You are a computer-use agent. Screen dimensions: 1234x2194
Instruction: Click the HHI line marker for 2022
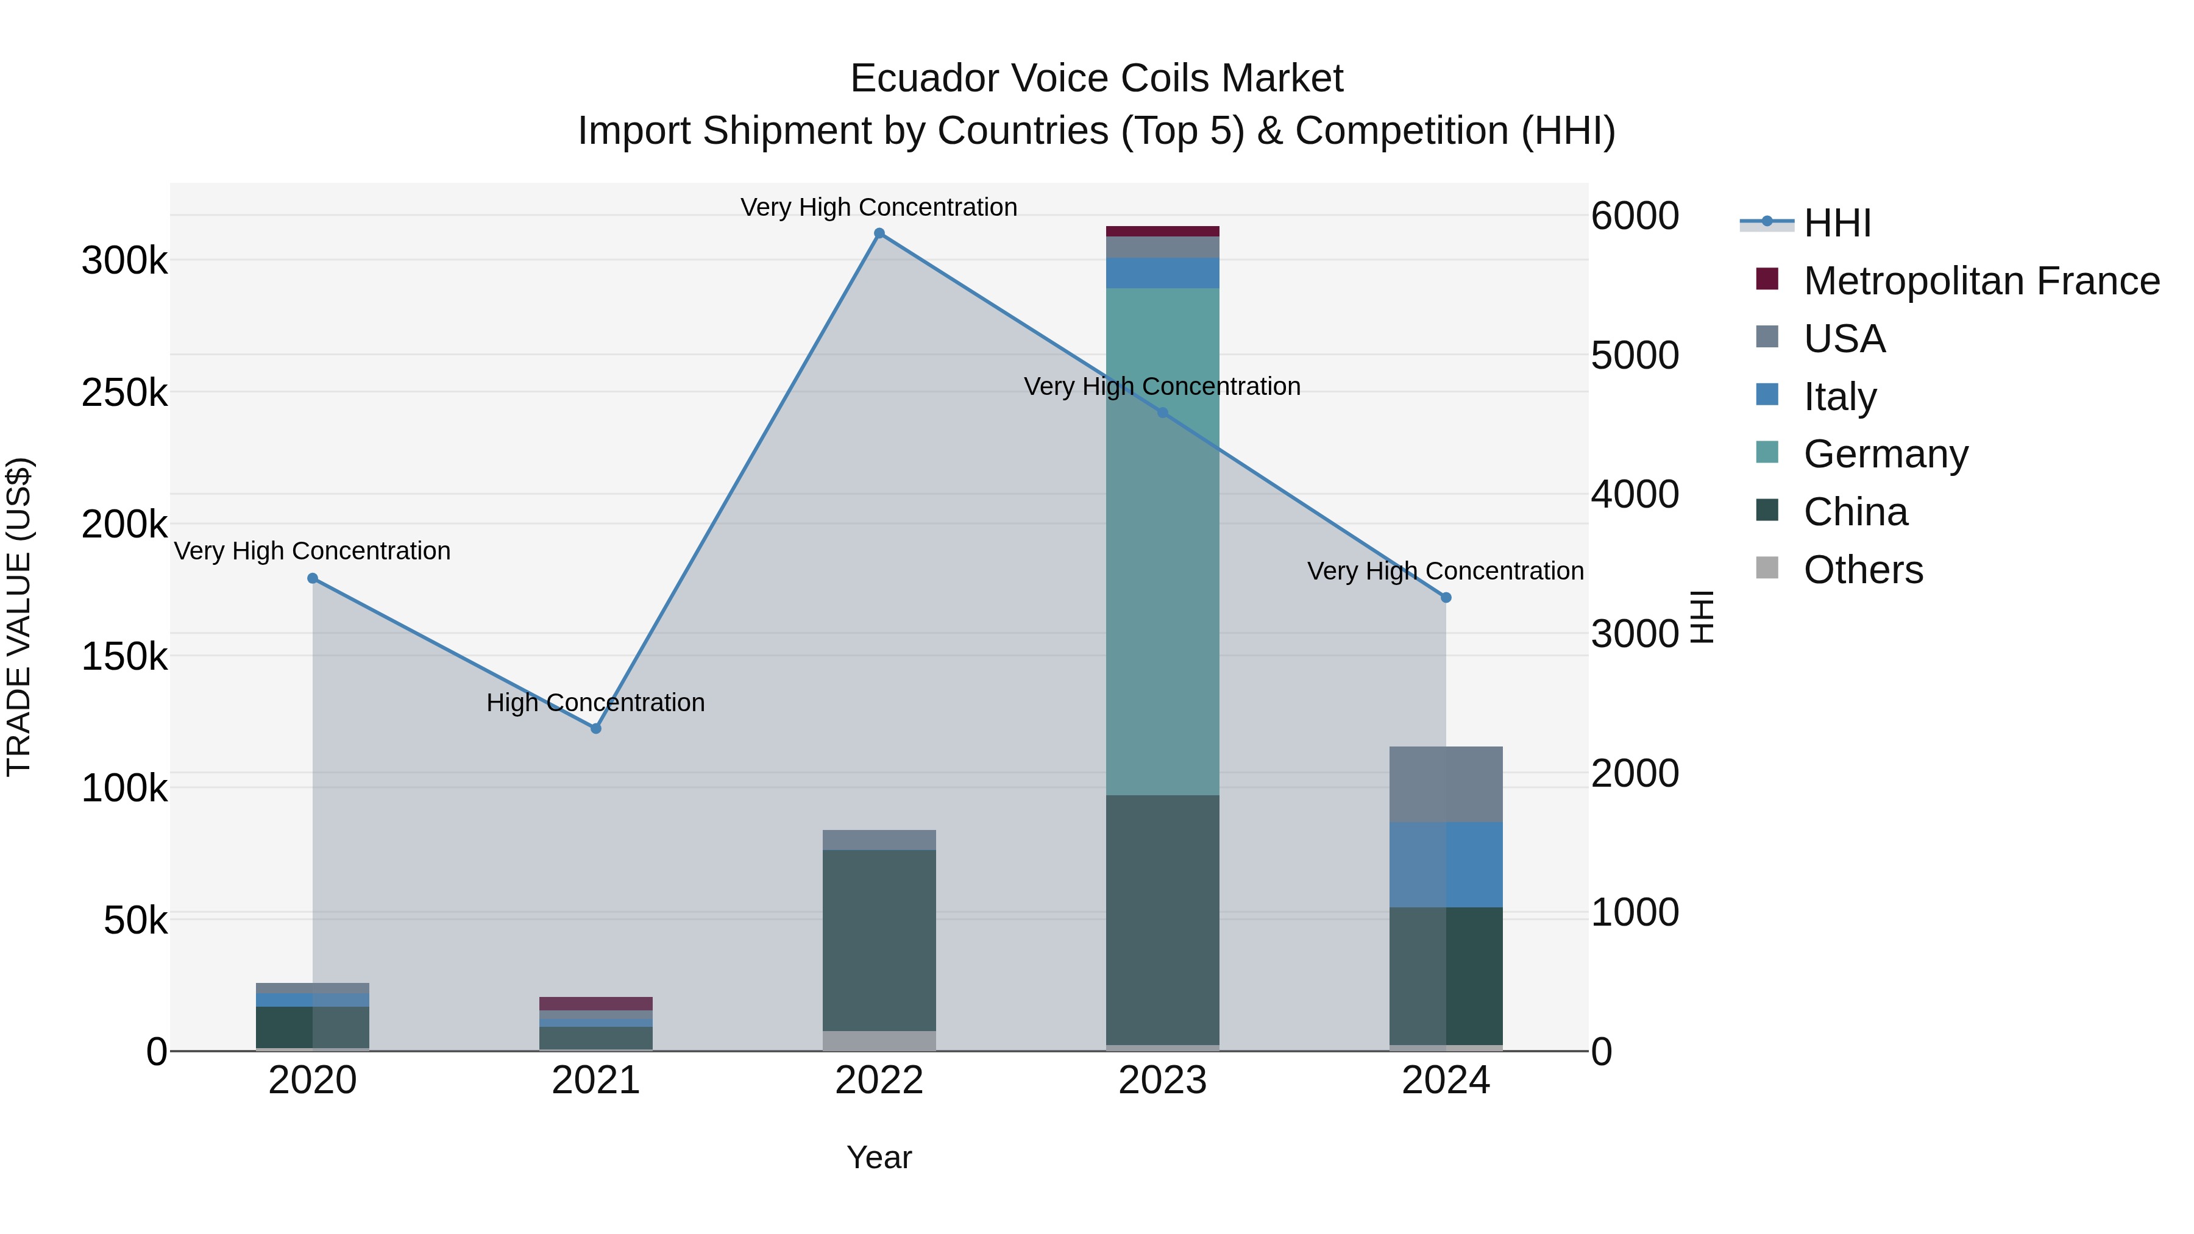tap(879, 233)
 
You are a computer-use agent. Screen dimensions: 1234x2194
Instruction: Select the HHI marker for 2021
tap(596, 728)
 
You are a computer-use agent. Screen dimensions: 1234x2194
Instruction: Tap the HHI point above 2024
tap(1446, 598)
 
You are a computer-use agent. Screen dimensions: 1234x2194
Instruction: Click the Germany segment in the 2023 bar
tap(1163, 545)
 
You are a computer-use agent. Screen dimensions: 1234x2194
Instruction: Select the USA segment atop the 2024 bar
tap(1446, 784)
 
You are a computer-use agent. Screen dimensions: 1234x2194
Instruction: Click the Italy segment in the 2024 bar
tap(1446, 864)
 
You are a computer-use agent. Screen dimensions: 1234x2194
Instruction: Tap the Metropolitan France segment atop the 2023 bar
tap(1163, 231)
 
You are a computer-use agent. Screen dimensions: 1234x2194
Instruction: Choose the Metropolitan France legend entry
tap(1981, 281)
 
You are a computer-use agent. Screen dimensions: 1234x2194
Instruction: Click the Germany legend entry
tap(1886, 454)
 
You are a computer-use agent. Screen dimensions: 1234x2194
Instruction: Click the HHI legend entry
tap(1837, 223)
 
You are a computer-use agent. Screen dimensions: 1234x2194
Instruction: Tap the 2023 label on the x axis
tap(1163, 1080)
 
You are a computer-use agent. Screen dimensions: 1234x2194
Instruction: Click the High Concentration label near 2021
tap(595, 703)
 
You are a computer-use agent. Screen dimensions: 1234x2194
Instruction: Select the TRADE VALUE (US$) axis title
tap(19, 617)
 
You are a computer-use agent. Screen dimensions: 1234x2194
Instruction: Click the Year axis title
tap(879, 1157)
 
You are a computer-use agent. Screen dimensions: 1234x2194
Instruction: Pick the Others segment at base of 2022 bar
tap(879, 1041)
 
